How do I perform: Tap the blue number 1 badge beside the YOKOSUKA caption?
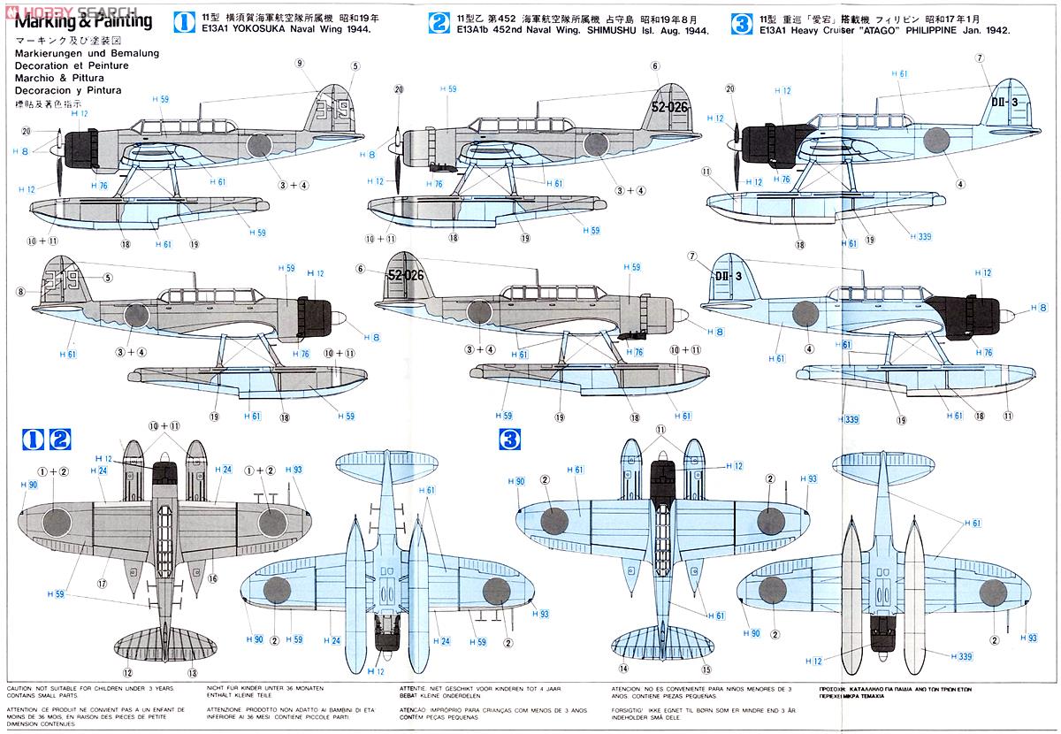click(184, 22)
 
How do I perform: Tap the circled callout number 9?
click(300, 63)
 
